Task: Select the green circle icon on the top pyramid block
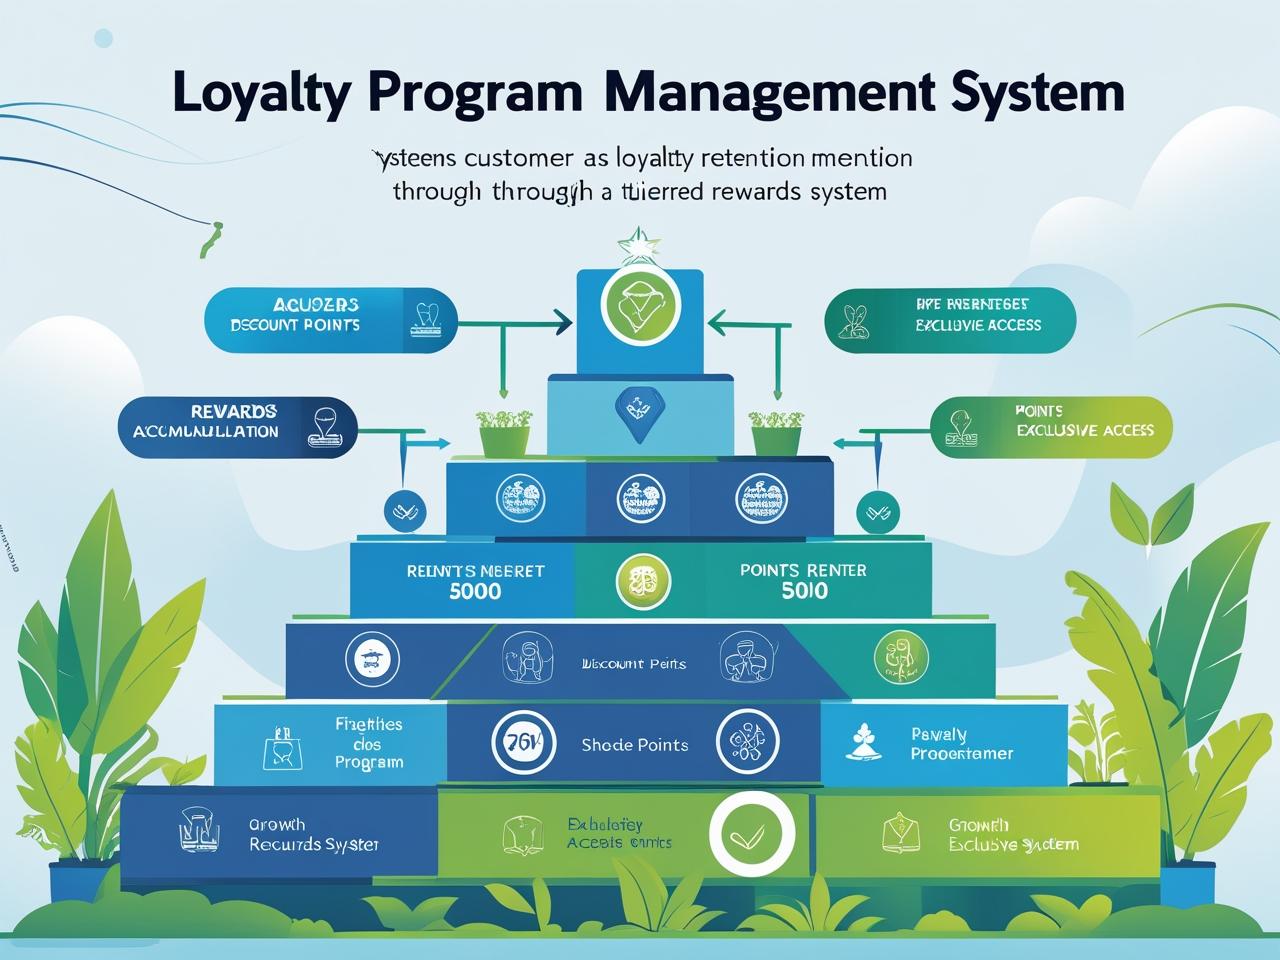[x=640, y=305]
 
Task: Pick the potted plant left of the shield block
[x=504, y=430]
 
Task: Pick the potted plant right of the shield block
[x=775, y=430]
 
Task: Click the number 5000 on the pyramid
[x=476, y=591]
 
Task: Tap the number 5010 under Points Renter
[x=804, y=591]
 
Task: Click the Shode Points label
[x=635, y=745]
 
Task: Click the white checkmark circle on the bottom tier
[x=752, y=833]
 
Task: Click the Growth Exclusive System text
[x=1013, y=835]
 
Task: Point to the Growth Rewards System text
[x=313, y=835]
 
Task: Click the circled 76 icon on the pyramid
[x=523, y=742]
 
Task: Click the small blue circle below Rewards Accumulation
[x=404, y=511]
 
